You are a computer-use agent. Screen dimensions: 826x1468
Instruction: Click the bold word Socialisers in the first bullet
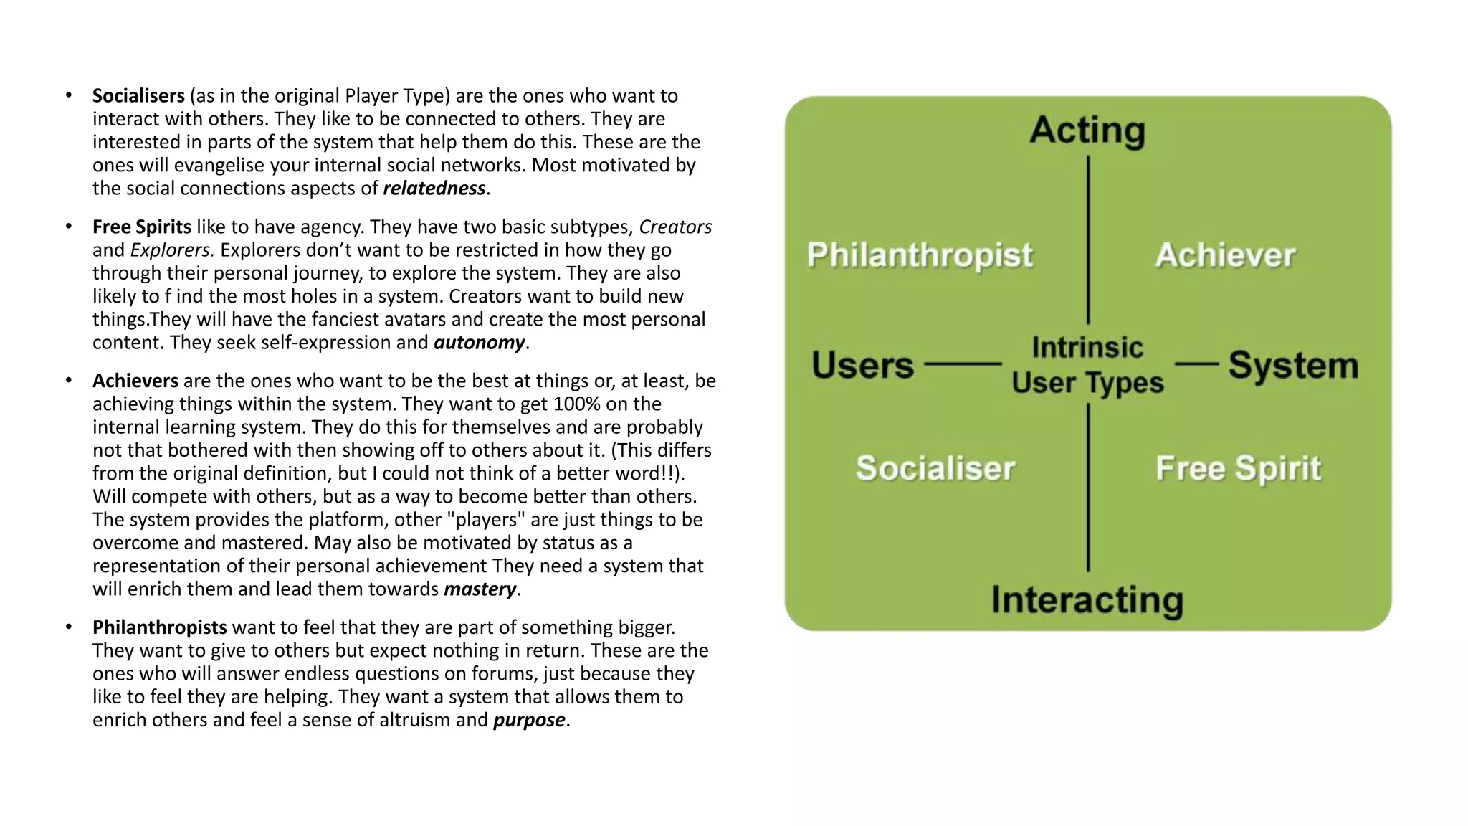tap(138, 96)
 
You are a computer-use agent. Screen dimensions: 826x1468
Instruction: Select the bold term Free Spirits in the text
tap(141, 227)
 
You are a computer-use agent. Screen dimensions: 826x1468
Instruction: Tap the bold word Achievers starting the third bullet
tap(135, 381)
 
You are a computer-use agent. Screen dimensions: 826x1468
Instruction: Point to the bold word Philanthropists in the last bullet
tap(159, 627)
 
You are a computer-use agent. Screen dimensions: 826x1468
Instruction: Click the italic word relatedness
tap(434, 189)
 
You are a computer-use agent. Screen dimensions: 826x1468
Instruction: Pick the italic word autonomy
tap(479, 343)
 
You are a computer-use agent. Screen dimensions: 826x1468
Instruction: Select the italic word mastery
tap(480, 589)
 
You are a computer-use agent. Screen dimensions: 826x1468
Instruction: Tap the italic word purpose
tap(529, 720)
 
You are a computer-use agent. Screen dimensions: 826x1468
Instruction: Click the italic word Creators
tap(675, 227)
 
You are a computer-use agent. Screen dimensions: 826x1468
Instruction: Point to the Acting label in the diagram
tap(1087, 131)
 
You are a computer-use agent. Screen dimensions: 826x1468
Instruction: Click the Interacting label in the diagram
tap(1087, 600)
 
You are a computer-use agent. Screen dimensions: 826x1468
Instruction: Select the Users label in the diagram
tap(862, 365)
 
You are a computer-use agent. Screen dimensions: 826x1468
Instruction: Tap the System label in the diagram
tap(1293, 365)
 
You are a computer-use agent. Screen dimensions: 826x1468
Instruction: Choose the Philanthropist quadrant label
tap(920, 255)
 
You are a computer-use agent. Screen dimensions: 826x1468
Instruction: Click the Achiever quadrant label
tap(1225, 255)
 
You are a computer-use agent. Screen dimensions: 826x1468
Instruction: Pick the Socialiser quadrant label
tap(935, 468)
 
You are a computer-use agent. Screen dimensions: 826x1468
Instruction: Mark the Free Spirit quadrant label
tap(1238, 469)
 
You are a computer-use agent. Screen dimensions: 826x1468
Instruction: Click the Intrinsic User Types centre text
tap(1087, 365)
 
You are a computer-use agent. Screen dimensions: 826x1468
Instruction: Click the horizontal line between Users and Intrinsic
tap(963, 364)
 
